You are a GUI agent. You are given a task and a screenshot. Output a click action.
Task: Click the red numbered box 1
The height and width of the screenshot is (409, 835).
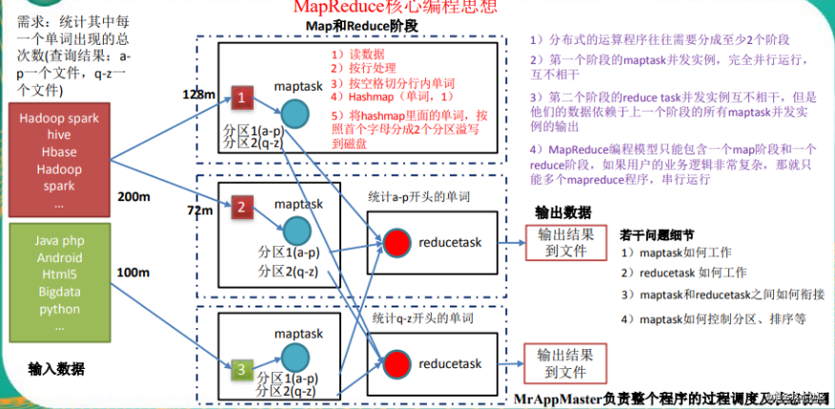244,98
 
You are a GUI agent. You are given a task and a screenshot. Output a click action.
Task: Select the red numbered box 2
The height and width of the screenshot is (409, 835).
244,207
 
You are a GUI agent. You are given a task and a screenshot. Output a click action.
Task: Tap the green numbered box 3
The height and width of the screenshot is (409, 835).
244,367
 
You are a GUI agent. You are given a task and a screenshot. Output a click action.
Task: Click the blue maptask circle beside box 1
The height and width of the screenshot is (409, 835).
295,113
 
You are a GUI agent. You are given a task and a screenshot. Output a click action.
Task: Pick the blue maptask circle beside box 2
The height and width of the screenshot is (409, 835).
295,227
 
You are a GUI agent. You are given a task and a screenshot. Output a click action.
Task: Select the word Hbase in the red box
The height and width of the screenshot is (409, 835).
59,153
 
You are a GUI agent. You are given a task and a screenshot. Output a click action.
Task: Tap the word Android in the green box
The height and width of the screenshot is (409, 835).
59,258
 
